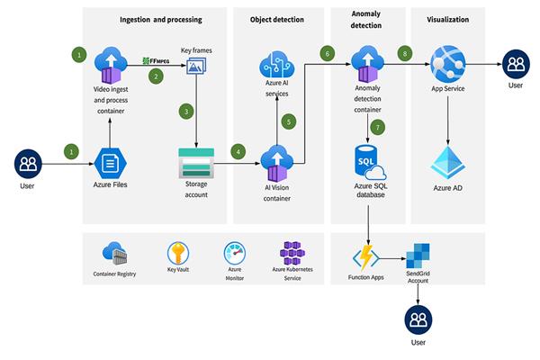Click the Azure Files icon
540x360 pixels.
point(110,164)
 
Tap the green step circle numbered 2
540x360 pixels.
point(155,76)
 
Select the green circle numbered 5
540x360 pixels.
point(289,121)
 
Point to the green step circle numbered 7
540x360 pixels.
point(377,126)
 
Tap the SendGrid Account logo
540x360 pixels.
point(417,256)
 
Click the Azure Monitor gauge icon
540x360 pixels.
point(235,253)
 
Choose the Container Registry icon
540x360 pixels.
point(114,253)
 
